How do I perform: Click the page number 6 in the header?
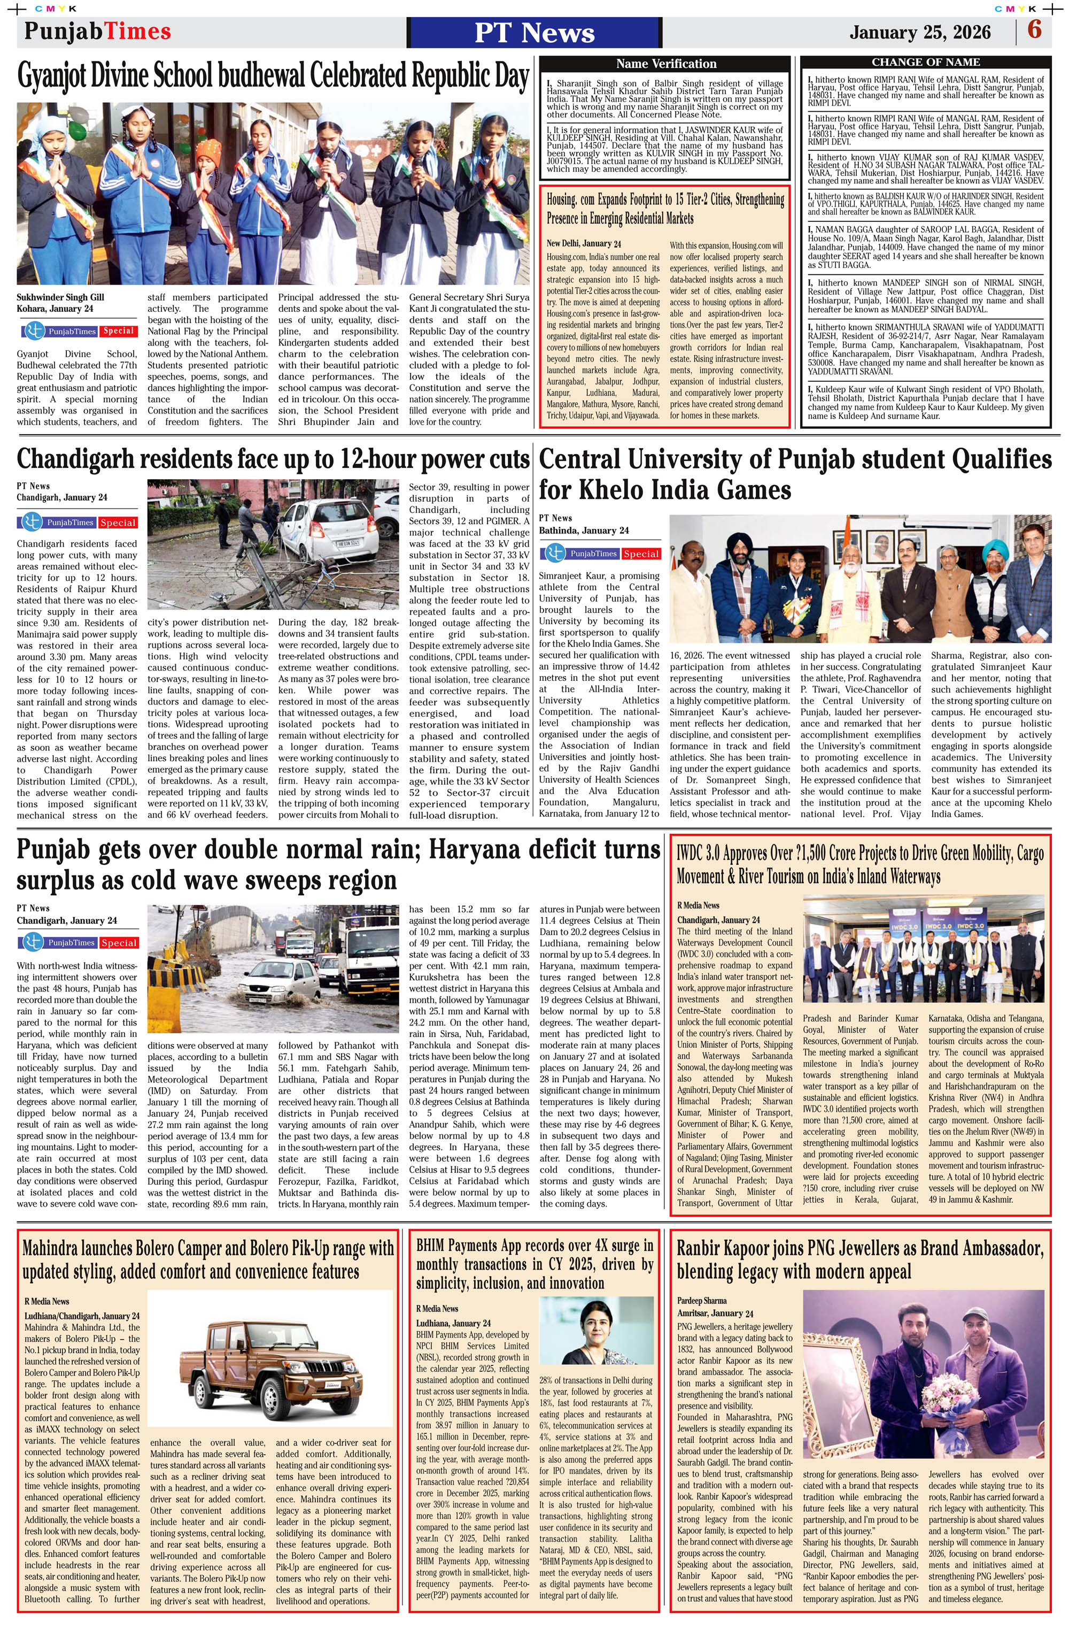pyautogui.click(x=1034, y=30)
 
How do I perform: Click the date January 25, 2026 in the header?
pyautogui.click(x=920, y=32)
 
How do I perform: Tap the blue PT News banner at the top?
pyautogui.click(x=534, y=32)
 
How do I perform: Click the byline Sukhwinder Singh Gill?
pyautogui.click(x=60, y=297)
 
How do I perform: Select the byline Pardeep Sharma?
pyautogui.click(x=701, y=1300)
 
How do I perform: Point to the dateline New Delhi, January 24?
pyautogui.click(x=583, y=243)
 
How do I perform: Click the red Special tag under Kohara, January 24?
pyautogui.click(x=118, y=331)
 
